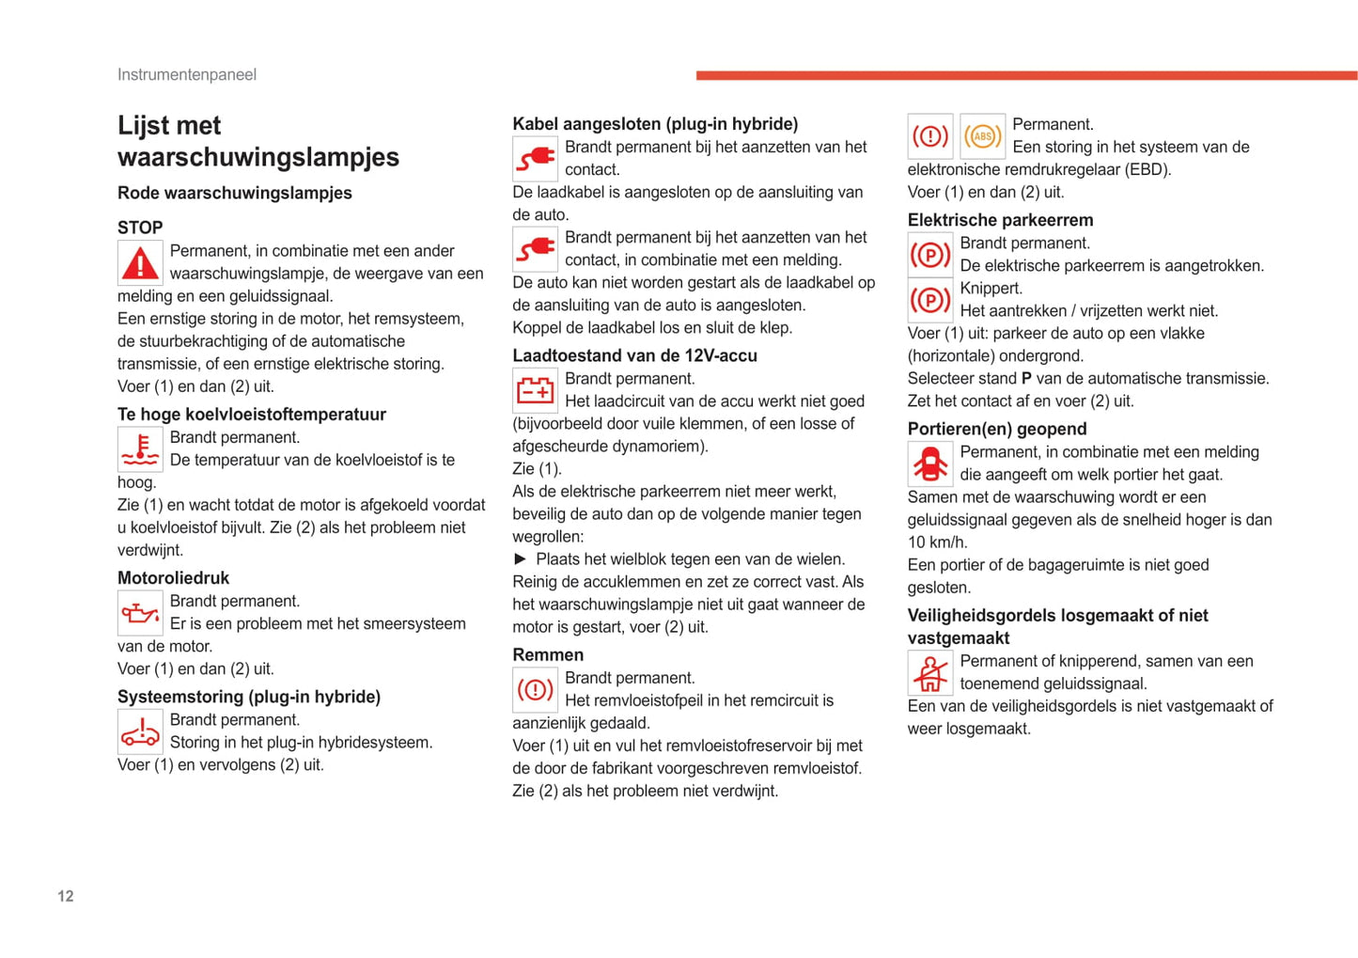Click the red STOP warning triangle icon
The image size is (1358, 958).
pyautogui.click(x=140, y=263)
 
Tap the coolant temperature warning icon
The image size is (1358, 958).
pyautogui.click(x=140, y=449)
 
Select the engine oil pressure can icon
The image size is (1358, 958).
pyautogui.click(x=140, y=613)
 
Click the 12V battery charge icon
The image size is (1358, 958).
pyautogui.click(x=535, y=390)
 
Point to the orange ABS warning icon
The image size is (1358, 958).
pyautogui.click(x=982, y=136)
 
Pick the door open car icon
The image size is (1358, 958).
pyautogui.click(x=929, y=463)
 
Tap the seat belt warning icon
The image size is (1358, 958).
pyautogui.click(x=929, y=673)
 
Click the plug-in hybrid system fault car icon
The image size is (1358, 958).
pyautogui.click(x=140, y=731)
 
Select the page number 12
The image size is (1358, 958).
pyautogui.click(x=65, y=896)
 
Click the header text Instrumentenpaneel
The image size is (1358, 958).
pyautogui.click(x=186, y=74)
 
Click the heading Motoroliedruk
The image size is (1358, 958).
pyautogui.click(x=173, y=578)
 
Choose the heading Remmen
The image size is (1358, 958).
pyautogui.click(x=548, y=654)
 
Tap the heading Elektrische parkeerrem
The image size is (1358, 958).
pyautogui.click(x=1000, y=220)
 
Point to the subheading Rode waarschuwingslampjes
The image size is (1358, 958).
pyautogui.click(x=234, y=193)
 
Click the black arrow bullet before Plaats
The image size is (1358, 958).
pyautogui.click(x=520, y=559)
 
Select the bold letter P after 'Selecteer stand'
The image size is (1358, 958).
pyautogui.click(x=1026, y=379)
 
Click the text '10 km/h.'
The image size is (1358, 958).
pyautogui.click(x=937, y=542)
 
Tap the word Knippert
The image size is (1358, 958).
pyautogui.click(x=991, y=289)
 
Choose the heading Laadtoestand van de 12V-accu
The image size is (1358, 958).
pyautogui.click(x=634, y=355)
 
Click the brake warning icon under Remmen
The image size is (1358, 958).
pyautogui.click(x=535, y=690)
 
